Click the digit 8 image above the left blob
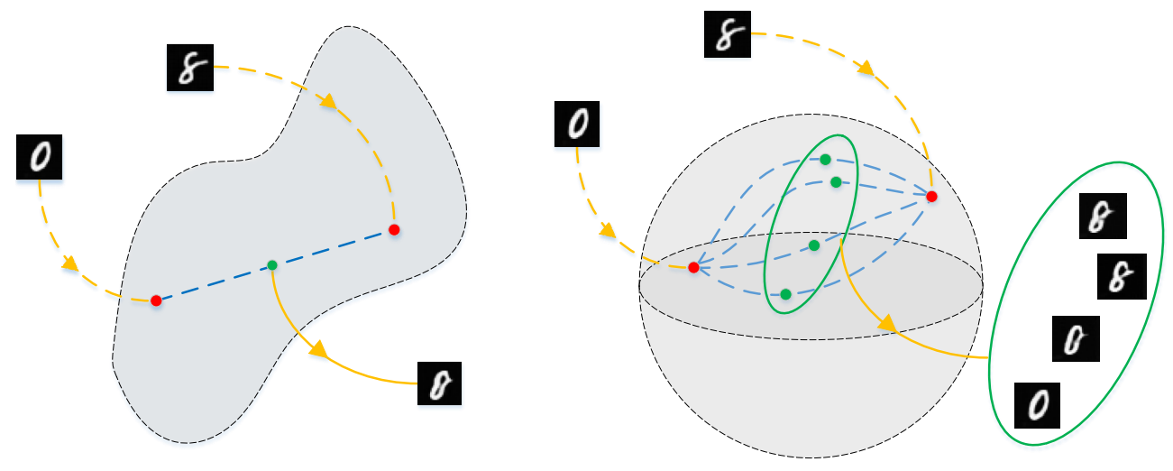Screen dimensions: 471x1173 189,69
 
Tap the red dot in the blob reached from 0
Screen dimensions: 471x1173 156,300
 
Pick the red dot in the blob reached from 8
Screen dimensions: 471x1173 394,230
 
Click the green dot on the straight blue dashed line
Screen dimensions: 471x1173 272,265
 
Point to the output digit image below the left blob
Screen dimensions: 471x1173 440,383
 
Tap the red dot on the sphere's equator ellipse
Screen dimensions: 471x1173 693,267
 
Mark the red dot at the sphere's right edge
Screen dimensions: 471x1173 932,196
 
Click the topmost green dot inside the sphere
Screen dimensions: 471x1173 825,160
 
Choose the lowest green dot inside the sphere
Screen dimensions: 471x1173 786,294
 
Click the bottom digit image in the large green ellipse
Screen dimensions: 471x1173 1038,403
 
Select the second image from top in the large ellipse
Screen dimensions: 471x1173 1122,276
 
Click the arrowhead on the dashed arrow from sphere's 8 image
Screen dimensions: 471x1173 866,69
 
